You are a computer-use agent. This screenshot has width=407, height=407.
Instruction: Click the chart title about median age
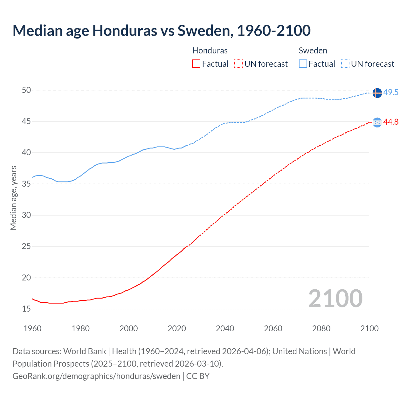[162, 31]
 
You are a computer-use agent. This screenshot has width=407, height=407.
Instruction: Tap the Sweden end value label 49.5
[391, 93]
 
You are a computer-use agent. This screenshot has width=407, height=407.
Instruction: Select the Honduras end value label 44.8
[391, 122]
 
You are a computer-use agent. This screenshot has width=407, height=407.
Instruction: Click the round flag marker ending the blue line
[377, 93]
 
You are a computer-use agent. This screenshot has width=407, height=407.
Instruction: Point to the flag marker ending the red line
[377, 122]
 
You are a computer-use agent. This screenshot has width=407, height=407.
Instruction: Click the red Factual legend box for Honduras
[196, 64]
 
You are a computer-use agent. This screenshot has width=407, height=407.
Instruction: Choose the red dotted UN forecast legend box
[238, 64]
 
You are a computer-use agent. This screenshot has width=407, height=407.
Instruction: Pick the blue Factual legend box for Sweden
[303, 64]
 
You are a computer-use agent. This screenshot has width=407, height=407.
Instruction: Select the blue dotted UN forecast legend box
[345, 64]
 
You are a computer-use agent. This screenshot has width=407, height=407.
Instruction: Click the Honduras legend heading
[210, 51]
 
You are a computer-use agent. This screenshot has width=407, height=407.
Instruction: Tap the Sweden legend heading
[313, 51]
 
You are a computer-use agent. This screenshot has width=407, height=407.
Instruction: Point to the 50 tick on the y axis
[26, 90]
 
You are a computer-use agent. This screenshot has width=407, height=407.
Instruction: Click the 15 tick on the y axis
[26, 309]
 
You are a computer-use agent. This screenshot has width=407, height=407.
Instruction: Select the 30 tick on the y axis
[26, 215]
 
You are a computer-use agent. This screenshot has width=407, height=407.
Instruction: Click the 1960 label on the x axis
[32, 328]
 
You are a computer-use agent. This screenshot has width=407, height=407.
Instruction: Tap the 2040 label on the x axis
[225, 328]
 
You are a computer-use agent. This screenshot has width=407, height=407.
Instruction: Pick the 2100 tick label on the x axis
[369, 328]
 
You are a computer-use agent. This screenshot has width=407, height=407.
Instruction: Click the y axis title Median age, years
[13, 198]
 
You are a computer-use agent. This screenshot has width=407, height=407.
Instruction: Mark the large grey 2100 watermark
[335, 299]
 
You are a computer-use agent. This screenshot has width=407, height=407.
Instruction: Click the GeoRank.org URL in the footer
[96, 376]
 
